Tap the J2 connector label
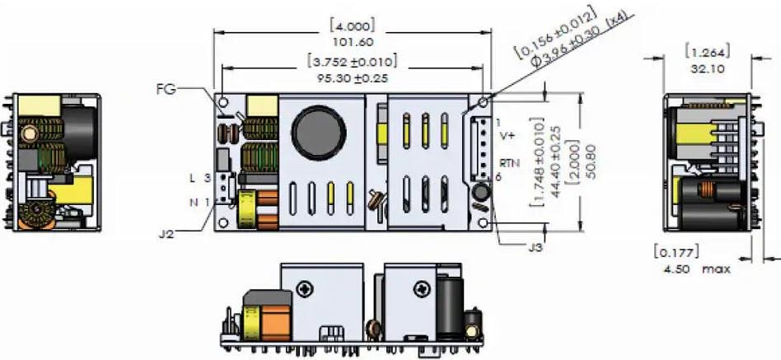[167, 232]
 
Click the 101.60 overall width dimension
[352, 40]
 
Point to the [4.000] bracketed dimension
[352, 25]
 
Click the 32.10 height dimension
[705, 69]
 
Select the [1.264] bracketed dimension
[705, 54]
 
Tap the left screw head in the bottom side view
[304, 289]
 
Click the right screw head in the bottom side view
[422, 289]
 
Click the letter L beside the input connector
[193, 178]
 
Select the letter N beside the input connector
[193, 201]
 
